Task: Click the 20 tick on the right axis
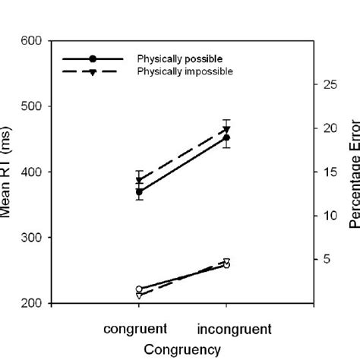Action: point(327,128)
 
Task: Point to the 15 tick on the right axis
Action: point(327,172)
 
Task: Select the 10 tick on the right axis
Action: point(327,216)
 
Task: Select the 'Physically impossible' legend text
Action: point(185,71)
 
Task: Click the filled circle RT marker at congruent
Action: point(139,192)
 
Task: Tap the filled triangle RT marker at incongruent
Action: point(226,129)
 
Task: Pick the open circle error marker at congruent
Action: point(139,289)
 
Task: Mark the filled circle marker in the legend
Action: point(93,58)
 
